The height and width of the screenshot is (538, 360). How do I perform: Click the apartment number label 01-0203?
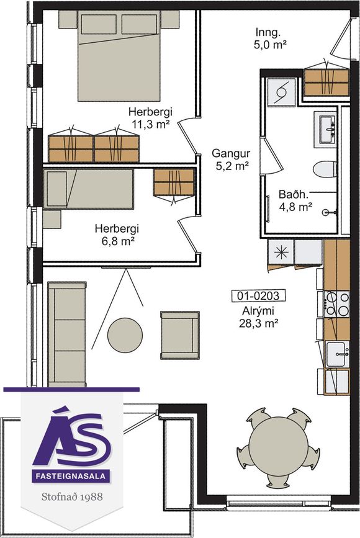258,295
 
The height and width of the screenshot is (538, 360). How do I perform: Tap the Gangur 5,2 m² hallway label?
231,159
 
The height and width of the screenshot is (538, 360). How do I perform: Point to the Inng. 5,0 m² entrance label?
270,38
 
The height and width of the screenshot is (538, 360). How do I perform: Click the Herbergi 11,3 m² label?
150,118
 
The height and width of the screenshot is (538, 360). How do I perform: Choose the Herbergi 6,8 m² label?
117,235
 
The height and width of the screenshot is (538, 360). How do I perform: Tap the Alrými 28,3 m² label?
258,317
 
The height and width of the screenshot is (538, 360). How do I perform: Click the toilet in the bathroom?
324,169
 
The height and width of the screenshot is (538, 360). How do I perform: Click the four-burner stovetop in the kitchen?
336,304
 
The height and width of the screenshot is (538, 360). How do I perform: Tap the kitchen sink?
338,354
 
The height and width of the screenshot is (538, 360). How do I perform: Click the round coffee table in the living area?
125,335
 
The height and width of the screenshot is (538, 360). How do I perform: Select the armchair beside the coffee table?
180,335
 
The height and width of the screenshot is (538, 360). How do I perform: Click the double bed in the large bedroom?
119,56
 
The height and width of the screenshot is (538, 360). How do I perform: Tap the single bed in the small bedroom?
88,189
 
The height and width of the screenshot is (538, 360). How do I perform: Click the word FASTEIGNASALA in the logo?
72,476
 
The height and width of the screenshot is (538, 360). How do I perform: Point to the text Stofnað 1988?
72,496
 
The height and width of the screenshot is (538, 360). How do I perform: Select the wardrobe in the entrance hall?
326,83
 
